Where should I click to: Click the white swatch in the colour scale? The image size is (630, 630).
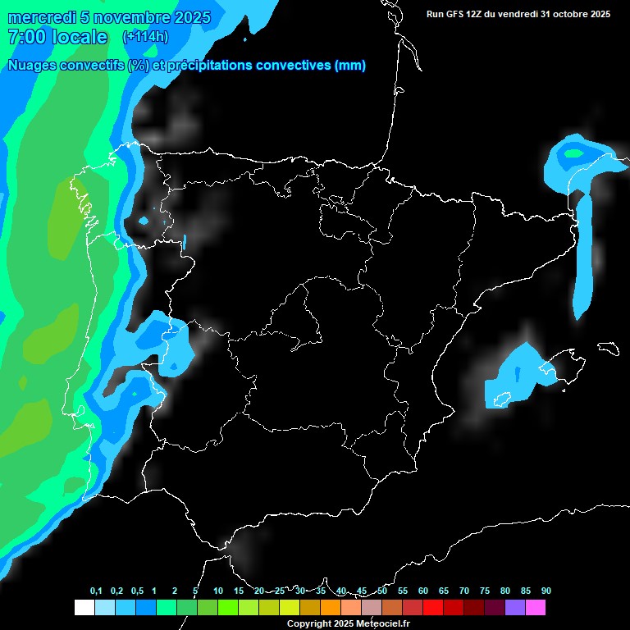coord(84,607)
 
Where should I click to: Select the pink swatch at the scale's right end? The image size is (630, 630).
coord(536,607)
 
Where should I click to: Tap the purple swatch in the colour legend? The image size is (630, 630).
coord(515,607)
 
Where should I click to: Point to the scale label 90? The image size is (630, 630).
coord(546,591)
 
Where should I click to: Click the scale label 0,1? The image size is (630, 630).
coord(96,591)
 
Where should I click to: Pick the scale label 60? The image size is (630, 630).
coord(423,591)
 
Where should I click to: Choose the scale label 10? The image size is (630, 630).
coord(217,591)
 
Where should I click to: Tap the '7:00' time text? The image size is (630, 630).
coord(24,37)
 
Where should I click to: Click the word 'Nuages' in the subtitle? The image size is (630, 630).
coord(33,66)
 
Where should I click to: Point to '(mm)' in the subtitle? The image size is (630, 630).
coord(350,66)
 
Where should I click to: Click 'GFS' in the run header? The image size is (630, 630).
coord(460,14)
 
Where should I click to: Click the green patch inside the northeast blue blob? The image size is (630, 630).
coord(574,153)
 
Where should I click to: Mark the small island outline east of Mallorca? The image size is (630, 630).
coord(607,348)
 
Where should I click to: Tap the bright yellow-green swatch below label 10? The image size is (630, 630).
coord(228,607)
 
